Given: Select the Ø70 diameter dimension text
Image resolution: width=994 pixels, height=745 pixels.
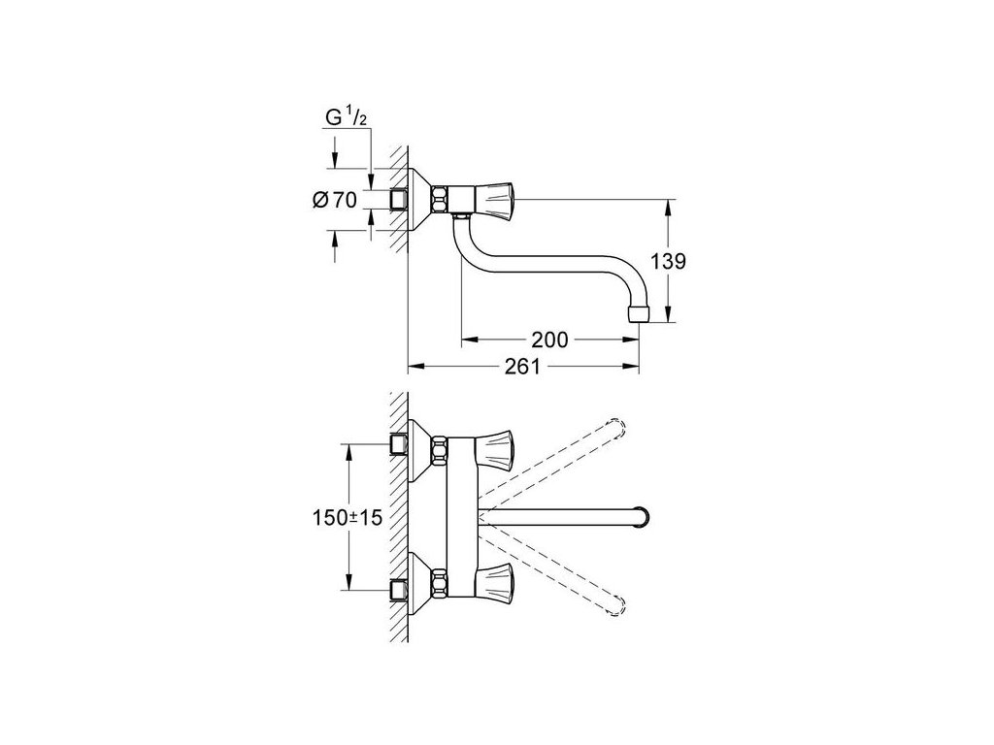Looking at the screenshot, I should pyautogui.click(x=335, y=201).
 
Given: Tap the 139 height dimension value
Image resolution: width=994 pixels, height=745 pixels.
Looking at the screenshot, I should pyautogui.click(x=671, y=262).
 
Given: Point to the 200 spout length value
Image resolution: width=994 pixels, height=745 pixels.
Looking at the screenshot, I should pyautogui.click(x=549, y=340).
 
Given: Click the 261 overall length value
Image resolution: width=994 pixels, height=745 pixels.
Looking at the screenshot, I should pyautogui.click(x=522, y=367).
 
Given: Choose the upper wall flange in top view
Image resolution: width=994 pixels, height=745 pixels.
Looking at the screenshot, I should pyautogui.click(x=418, y=448).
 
